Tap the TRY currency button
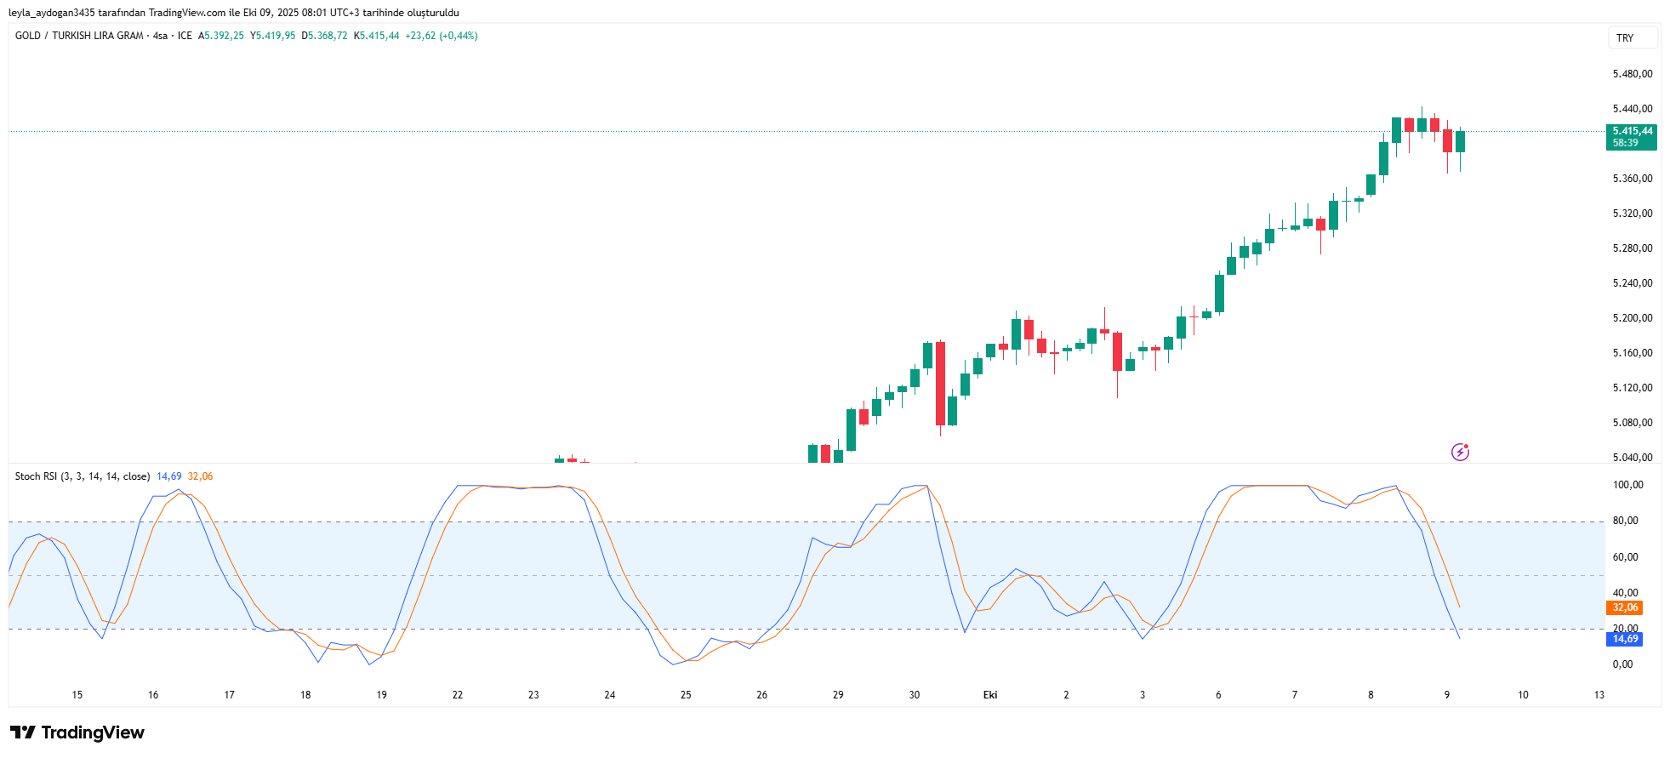(x=1625, y=38)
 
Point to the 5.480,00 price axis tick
(x=1632, y=74)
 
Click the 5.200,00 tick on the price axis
(x=1632, y=318)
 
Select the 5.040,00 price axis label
(x=1632, y=458)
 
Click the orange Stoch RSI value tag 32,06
(x=1625, y=607)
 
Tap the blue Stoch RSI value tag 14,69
(x=1625, y=639)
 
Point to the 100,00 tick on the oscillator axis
(x=1628, y=485)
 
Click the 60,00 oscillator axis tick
(x=1625, y=557)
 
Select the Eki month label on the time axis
(x=990, y=695)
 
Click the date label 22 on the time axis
(x=458, y=695)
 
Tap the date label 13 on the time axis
(x=1599, y=695)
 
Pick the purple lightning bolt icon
(x=1460, y=452)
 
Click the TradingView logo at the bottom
(x=77, y=732)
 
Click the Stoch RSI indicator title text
(x=82, y=476)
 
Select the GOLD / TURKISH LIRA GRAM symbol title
(x=79, y=36)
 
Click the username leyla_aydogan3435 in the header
(x=51, y=13)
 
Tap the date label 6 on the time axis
(x=1218, y=695)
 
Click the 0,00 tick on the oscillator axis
(x=1622, y=664)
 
